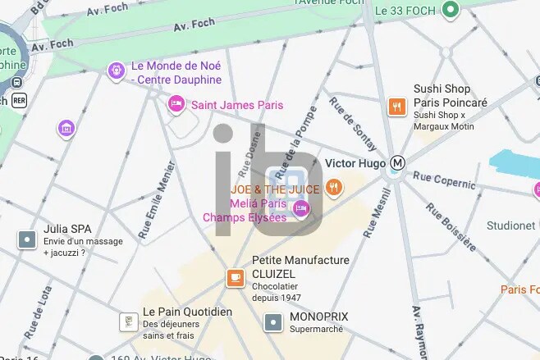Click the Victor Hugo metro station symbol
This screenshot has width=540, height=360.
tap(397, 163)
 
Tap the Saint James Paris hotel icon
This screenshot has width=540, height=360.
tap(176, 105)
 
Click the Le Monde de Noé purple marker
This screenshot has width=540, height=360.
tap(116, 71)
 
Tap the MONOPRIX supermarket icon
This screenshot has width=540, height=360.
tap(273, 322)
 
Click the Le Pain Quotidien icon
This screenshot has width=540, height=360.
tap(127, 321)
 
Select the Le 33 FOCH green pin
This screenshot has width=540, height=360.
tap(450, 11)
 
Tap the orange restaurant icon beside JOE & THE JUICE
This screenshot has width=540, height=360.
tap(333, 188)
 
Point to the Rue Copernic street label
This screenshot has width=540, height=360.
tap(444, 180)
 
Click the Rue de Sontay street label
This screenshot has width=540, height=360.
tap(353, 123)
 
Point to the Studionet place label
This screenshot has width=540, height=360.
tap(511, 226)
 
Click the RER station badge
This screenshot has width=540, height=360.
tap(18, 100)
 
